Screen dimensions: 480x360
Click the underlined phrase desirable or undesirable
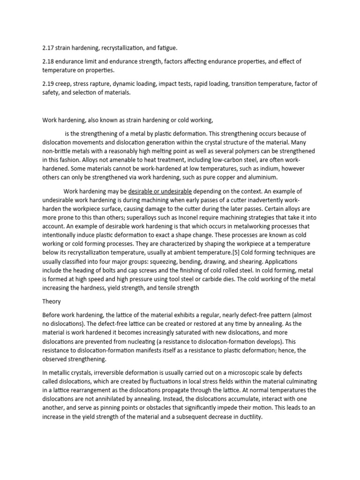click(160, 192)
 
